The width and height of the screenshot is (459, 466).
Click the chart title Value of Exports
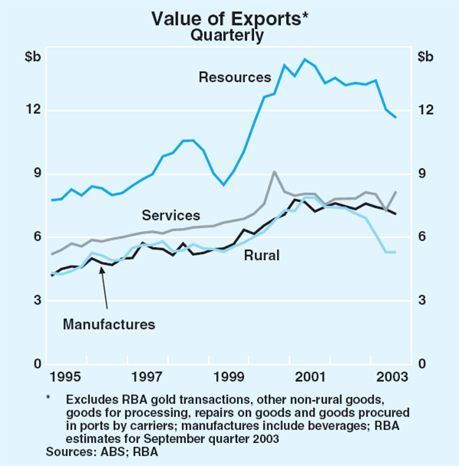tap(226, 17)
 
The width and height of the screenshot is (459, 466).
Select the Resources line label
tap(234, 77)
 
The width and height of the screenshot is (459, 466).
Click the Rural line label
tap(261, 255)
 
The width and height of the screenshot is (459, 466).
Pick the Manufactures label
tap(109, 324)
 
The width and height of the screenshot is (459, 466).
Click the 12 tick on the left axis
tap(33, 110)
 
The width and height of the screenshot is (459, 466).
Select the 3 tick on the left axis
tap(36, 301)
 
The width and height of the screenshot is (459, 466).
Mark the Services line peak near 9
tap(275, 172)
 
